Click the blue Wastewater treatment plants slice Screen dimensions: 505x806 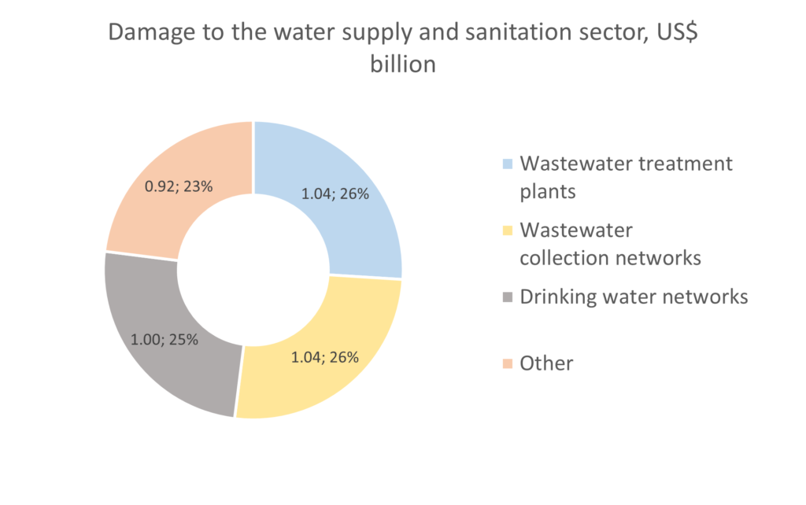point(358,228)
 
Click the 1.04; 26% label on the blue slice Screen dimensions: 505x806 point(335,194)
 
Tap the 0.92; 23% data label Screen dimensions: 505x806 point(179,188)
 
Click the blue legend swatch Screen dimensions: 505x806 point(508,164)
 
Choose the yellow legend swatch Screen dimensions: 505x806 point(508,230)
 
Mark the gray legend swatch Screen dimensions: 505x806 point(508,297)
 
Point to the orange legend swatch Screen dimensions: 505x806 point(508,363)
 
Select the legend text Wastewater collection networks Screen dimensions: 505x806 point(610,244)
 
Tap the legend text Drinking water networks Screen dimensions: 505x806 point(634,297)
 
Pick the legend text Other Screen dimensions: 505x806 point(546,363)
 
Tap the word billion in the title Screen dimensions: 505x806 point(402,65)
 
